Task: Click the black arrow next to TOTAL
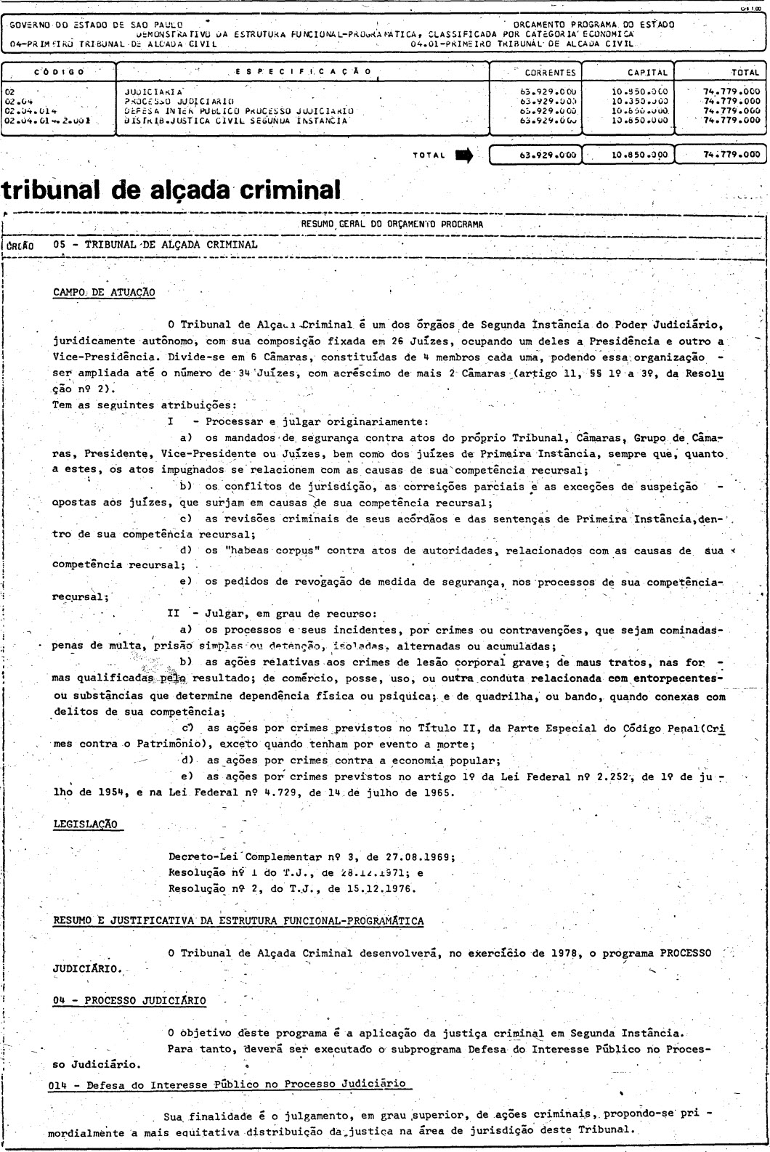click(462, 154)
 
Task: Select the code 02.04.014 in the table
click(31, 111)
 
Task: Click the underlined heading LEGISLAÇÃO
click(88, 823)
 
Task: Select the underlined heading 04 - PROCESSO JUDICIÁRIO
click(129, 1000)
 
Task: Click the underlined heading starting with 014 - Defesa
click(230, 1084)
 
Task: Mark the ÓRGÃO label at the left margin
click(21, 245)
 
